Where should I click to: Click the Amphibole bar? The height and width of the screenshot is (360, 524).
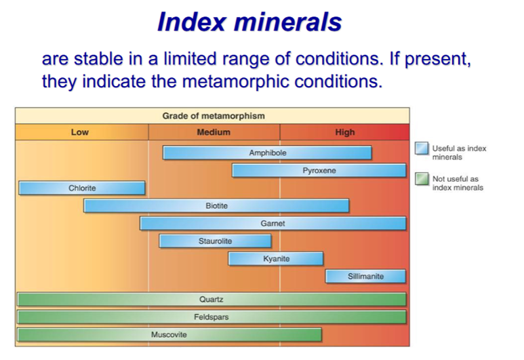[267, 153]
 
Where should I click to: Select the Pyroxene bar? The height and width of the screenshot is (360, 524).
[319, 170]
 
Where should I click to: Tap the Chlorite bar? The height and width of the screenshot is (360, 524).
[82, 188]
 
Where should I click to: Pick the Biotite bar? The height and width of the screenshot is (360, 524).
[216, 206]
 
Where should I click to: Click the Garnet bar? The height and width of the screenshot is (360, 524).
[273, 223]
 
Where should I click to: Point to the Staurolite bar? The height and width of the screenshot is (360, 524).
[215, 241]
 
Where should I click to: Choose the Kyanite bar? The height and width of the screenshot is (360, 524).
[276, 259]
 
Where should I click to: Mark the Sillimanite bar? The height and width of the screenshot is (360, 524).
[365, 277]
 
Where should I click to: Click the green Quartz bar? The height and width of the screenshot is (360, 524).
[212, 299]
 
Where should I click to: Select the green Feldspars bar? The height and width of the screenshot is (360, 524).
[212, 317]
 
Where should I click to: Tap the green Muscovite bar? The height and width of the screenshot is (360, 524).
[169, 335]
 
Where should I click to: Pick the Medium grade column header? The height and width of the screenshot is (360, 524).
[214, 132]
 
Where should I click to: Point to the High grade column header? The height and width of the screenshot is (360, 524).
[344, 132]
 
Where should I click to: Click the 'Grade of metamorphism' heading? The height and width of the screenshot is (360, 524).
[214, 116]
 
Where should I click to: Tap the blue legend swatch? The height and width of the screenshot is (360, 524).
[422, 148]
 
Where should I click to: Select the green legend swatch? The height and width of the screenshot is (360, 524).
[422, 178]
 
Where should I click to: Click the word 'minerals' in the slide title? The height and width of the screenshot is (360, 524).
[287, 22]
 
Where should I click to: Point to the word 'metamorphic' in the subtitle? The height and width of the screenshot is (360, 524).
[236, 81]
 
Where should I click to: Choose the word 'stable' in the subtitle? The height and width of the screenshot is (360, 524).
[98, 59]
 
